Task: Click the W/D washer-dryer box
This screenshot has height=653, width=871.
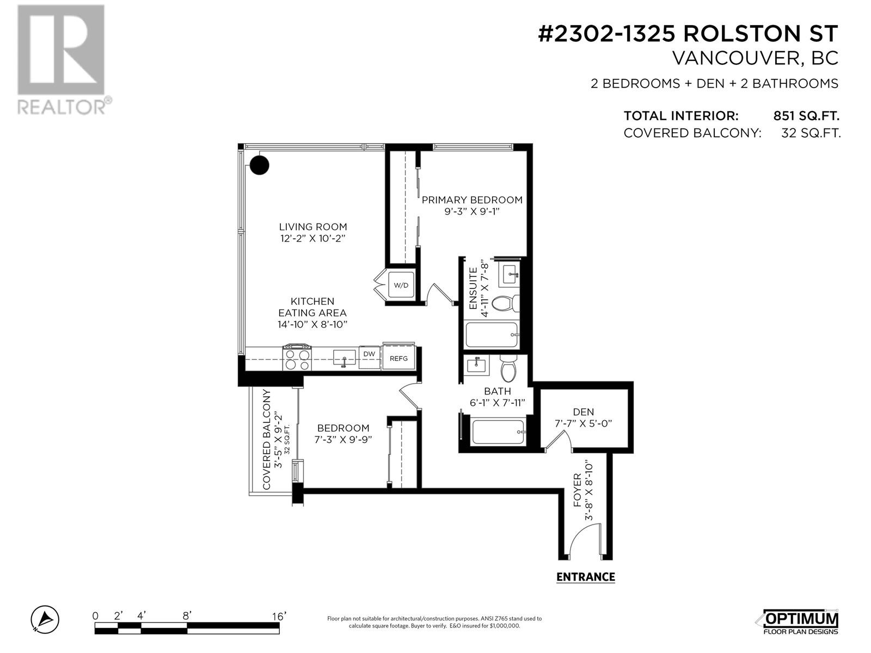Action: coord(401,285)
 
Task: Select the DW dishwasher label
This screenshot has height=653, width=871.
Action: coord(369,354)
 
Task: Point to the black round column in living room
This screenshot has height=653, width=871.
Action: coord(259,165)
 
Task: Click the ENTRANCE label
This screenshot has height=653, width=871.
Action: coord(586,577)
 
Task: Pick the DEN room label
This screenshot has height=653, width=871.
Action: coord(583,412)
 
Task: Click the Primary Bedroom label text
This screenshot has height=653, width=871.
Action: coord(472,200)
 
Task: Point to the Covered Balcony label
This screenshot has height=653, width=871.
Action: coord(267,440)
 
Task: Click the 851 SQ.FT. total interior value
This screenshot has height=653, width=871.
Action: coord(806,116)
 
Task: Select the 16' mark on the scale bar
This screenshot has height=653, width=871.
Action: coord(279,616)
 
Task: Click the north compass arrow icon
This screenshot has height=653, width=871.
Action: coord(45,619)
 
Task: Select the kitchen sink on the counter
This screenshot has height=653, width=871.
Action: coord(344,358)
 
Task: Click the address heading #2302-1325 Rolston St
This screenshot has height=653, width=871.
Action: coord(688,34)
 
